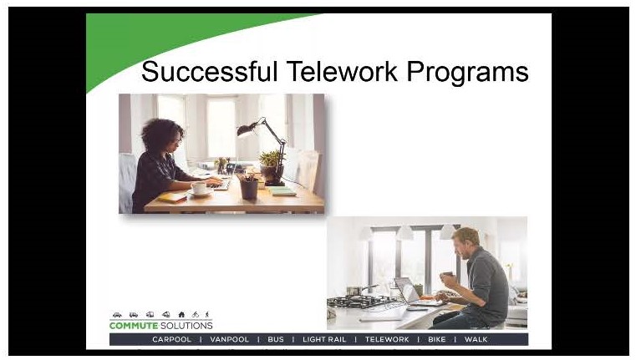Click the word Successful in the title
(209, 72)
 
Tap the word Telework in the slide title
(342, 72)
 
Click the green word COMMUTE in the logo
(134, 326)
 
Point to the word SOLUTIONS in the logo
(186, 326)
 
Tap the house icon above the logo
(181, 314)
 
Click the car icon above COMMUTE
(117, 315)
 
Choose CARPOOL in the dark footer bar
(171, 340)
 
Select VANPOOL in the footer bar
(229, 340)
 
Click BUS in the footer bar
(276, 340)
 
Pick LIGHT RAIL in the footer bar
(324, 340)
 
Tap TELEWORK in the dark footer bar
(387, 340)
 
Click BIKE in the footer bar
(436, 340)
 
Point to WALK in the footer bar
(476, 340)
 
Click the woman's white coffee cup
(199, 188)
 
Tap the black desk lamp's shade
(247, 129)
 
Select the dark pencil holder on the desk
(249, 190)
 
